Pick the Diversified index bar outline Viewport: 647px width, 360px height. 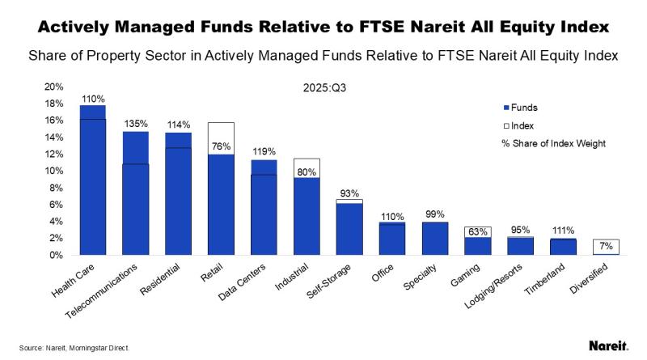[x=606, y=247]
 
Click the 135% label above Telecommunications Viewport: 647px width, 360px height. [x=136, y=124]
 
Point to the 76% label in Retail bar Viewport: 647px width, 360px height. [x=222, y=146]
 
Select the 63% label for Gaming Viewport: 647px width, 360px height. [x=477, y=232]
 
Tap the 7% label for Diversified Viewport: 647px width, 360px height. [x=606, y=244]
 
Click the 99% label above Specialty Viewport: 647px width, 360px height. [x=435, y=214]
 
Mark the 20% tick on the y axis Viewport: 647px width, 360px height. [x=53, y=87]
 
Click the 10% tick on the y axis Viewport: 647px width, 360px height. [x=53, y=171]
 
